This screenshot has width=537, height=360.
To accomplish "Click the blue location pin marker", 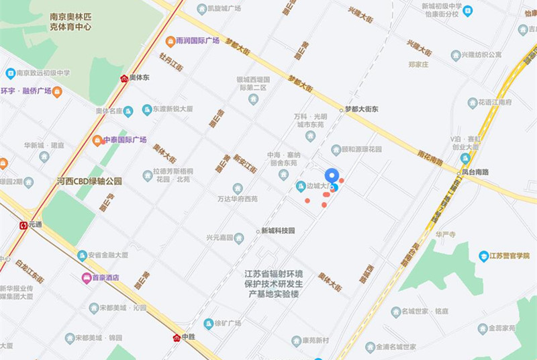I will (330, 177).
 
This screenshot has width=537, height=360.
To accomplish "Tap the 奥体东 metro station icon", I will (124, 78).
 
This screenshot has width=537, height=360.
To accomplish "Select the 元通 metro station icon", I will (23, 226).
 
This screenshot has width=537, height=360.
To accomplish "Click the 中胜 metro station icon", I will (177, 336).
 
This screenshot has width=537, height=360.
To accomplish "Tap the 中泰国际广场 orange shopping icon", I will (97, 140).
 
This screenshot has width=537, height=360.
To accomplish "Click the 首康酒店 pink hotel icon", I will (86, 277).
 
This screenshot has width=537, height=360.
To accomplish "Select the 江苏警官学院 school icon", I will (483, 255).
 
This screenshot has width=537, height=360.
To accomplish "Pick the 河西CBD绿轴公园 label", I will (89, 181).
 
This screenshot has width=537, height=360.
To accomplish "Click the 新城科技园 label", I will (278, 231).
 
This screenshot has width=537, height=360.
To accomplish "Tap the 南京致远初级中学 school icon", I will (10, 73).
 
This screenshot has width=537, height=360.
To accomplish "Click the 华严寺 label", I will (446, 234).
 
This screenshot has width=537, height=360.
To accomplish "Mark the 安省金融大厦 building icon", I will (83, 255).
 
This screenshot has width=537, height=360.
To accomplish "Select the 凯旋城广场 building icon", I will (201, 9).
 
